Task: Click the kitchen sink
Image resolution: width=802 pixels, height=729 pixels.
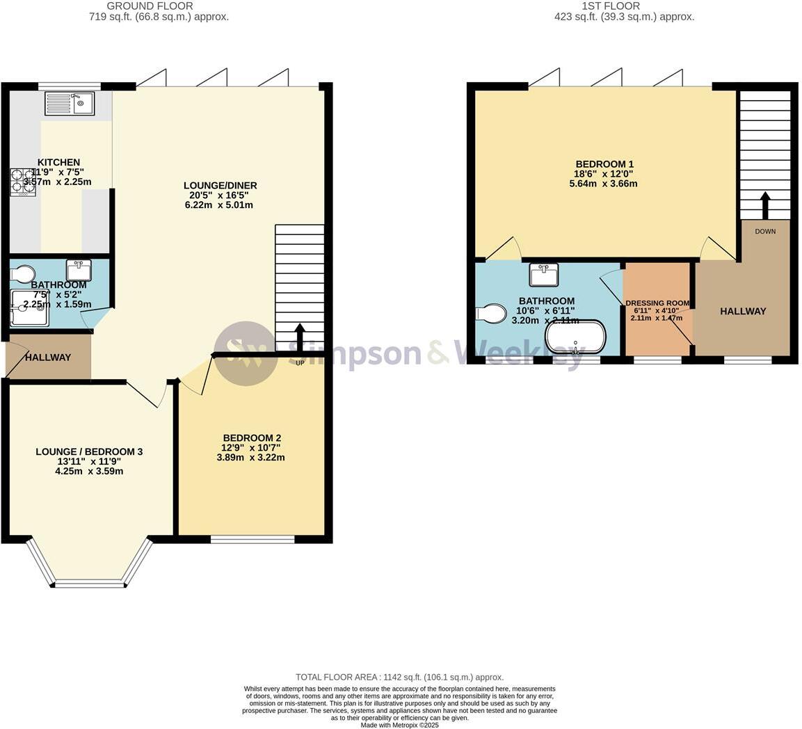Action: pos(70,104)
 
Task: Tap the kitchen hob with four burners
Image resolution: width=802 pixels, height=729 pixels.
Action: pos(23,182)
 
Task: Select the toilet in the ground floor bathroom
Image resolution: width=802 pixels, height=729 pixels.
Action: pos(24,273)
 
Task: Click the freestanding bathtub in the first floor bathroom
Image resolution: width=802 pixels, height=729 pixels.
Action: pos(575,337)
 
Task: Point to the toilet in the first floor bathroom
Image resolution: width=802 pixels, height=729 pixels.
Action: pos(491,314)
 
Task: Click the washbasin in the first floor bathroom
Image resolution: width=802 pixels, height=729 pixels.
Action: pos(543,275)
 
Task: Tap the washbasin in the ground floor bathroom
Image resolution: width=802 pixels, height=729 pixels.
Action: pos(79,269)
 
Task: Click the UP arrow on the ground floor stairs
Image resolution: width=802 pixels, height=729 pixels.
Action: pos(300,341)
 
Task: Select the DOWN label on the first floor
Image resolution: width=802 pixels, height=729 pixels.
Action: pos(764,231)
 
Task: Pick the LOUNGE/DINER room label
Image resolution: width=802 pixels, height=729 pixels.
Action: pos(220,185)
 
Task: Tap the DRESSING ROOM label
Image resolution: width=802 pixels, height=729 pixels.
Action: pos(657,303)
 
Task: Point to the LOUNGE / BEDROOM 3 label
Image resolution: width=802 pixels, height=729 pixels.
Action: pos(89,451)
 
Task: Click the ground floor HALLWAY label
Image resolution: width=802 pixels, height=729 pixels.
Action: pos(48,358)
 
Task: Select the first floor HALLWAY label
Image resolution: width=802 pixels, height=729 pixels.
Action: pos(743,311)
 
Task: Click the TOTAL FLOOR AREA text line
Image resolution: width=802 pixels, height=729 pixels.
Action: pos(399,677)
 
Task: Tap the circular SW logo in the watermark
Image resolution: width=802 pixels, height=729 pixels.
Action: pos(245,353)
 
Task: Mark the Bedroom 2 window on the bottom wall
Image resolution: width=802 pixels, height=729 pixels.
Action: pos(252,539)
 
